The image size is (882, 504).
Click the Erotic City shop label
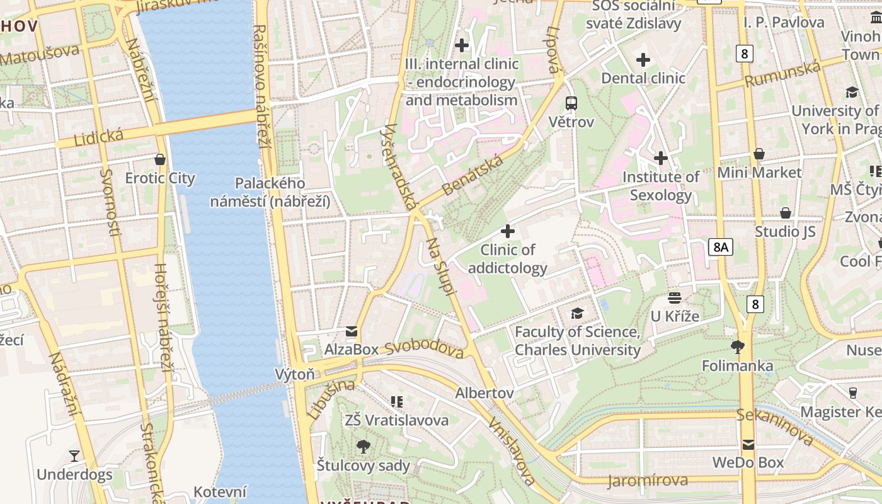click(160, 178)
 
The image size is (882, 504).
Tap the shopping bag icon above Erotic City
click(160, 159)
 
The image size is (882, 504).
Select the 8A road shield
click(720, 247)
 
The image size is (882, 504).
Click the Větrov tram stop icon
click(571, 103)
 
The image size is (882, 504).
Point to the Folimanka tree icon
click(737, 346)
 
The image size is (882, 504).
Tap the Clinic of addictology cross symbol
click(507, 231)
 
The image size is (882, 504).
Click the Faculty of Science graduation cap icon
click(577, 313)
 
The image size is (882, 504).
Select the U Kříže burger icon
click(675, 297)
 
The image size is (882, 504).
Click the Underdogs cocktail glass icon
click(74, 455)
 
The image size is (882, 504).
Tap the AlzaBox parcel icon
click(351, 331)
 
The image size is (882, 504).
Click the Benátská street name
click(472, 175)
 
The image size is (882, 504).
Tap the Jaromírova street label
click(648, 481)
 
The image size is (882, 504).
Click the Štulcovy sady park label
click(364, 466)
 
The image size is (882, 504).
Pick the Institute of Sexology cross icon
click(660, 157)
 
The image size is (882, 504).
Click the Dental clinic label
click(643, 78)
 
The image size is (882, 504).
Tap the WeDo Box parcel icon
click(748, 444)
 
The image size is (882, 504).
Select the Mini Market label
click(759, 173)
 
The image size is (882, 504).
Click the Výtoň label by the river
click(295, 374)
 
